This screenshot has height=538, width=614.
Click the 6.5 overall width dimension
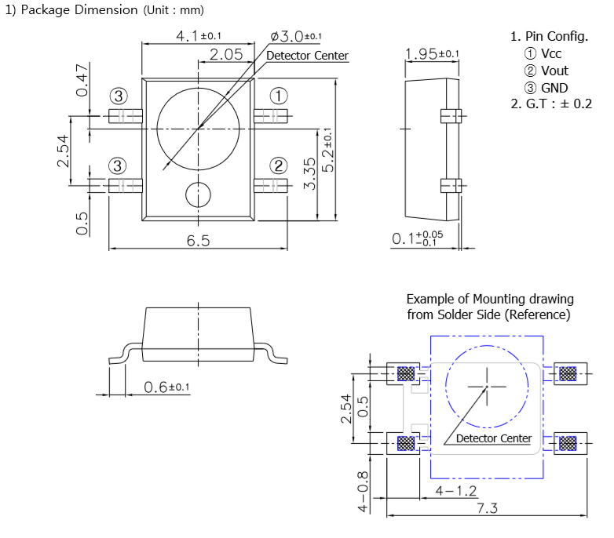click(198, 241)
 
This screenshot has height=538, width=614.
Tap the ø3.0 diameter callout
click(296, 36)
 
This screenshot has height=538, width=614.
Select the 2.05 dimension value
click(226, 54)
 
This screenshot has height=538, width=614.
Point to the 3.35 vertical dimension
click(309, 173)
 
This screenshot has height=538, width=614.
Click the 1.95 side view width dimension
click(432, 53)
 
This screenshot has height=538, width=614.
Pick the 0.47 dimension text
click(82, 81)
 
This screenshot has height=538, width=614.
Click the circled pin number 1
click(279, 96)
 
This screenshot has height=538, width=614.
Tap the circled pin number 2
click(279, 165)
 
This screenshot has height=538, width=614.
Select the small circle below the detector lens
click(198, 194)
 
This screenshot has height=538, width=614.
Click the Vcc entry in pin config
click(543, 53)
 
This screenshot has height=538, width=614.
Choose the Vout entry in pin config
click(546, 71)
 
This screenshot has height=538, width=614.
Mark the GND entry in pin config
click(546, 88)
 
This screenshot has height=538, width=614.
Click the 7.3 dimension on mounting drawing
click(487, 508)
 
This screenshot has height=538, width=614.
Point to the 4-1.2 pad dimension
click(456, 491)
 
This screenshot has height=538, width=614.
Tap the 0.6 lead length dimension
click(166, 387)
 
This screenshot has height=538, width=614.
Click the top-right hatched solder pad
click(568, 374)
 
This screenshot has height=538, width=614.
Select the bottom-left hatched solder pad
click(406, 443)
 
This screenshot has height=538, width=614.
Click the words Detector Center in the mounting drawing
click(494, 438)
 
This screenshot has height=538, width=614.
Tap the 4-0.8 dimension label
click(364, 492)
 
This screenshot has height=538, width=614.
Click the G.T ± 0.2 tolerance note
click(551, 104)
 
